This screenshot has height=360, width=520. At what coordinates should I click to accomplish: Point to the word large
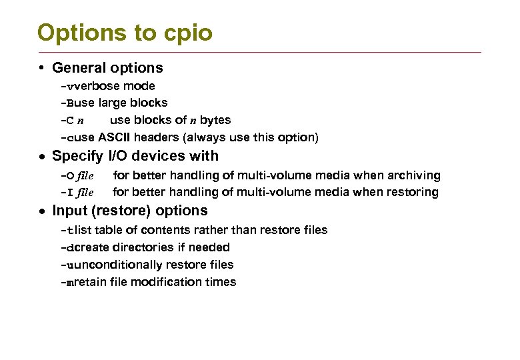[x=113, y=103]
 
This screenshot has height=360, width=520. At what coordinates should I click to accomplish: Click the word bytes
[x=215, y=121]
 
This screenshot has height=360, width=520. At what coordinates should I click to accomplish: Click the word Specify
[x=77, y=156]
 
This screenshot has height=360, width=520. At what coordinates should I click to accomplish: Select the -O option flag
[x=67, y=176]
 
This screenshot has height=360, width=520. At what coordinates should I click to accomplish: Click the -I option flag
[x=67, y=193]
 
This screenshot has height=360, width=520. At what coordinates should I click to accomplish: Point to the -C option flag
[x=67, y=121]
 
